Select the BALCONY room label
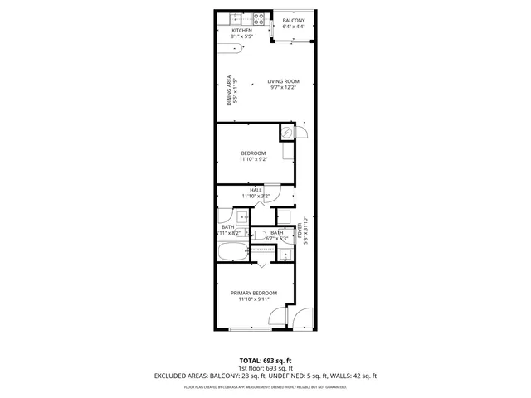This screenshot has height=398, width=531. pyautogui.click(x=294, y=20)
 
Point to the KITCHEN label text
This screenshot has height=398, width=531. pyautogui.click(x=231, y=31)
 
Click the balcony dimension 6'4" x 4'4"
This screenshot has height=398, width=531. pyautogui.click(x=294, y=27)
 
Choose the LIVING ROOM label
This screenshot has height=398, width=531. pyautogui.click(x=284, y=80)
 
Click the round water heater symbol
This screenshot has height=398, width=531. pyautogui.click(x=287, y=132)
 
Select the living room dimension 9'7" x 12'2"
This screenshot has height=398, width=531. pyautogui.click(x=284, y=87)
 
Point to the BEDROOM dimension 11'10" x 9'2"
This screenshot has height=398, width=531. pyautogui.click(x=253, y=159)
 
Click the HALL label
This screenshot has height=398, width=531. pyautogui.click(x=256, y=190)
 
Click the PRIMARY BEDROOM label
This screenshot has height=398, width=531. pyautogui.click(x=254, y=293)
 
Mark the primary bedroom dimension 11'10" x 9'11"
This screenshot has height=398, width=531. pyautogui.click(x=254, y=299)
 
